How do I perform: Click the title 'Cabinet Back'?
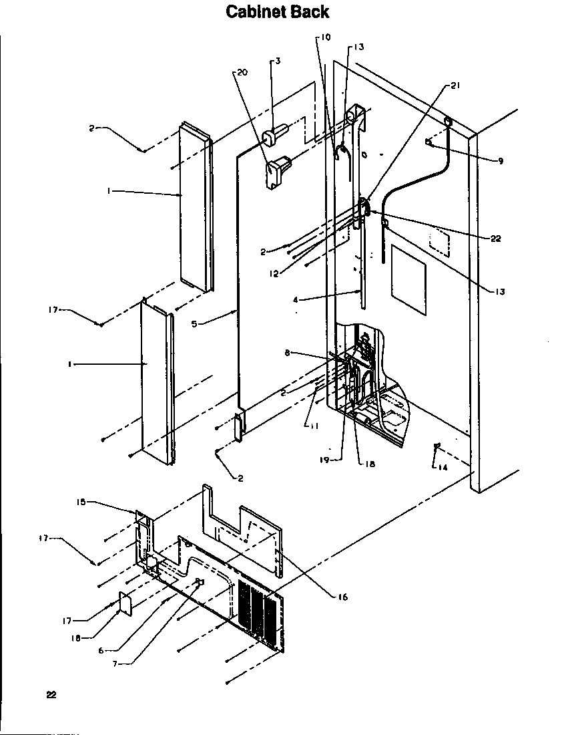pos(277,12)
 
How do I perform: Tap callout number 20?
pos(242,72)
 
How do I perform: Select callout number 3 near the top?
pos(277,61)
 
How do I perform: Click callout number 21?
pos(455,86)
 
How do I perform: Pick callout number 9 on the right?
pos(500,160)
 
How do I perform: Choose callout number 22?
pos(495,238)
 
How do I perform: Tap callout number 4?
pos(295,301)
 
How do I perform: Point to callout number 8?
pos(288,353)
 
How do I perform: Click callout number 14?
pos(443,467)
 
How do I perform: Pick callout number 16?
pos(342,597)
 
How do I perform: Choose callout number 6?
pos(101,651)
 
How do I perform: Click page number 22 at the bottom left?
pos(51,695)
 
